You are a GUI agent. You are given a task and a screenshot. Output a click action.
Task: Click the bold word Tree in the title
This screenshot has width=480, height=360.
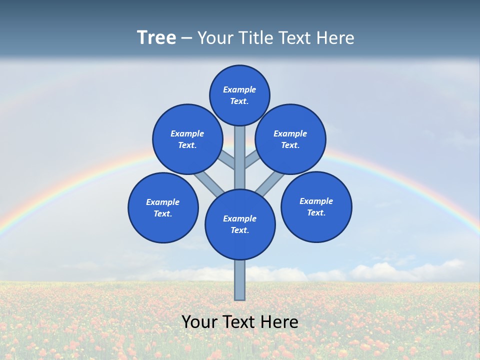pyautogui.click(x=156, y=38)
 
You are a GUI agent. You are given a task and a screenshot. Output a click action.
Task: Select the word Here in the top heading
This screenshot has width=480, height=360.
pyautogui.click(x=336, y=38)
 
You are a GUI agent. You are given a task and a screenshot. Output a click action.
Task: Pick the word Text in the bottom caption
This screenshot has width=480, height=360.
pyautogui.click(x=240, y=321)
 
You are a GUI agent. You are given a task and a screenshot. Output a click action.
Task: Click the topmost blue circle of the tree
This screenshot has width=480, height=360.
pyautogui.click(x=239, y=95)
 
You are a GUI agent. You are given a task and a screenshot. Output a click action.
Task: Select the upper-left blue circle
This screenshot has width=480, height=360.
pyautogui.click(x=187, y=139)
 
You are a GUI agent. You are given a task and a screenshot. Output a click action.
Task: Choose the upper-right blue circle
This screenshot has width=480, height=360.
pyautogui.click(x=290, y=139)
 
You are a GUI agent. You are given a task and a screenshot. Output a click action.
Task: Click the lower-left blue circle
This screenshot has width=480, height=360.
pyautogui.click(x=163, y=207)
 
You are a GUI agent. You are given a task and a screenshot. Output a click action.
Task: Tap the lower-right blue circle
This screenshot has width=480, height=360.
pyautogui.click(x=316, y=206)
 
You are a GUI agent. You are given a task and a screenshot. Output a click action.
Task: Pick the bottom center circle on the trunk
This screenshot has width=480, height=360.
pyautogui.click(x=240, y=224)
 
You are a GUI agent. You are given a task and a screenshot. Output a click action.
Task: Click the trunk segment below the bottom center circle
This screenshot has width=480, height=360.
pyautogui.click(x=240, y=280)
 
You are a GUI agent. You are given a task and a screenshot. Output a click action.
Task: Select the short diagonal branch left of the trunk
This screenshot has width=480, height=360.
pyautogui.click(x=226, y=160)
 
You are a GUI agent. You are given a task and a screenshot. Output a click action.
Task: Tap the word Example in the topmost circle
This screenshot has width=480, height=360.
pyautogui.click(x=239, y=89)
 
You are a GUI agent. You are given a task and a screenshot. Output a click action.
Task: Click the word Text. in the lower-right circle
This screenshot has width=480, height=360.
pyautogui.click(x=316, y=212)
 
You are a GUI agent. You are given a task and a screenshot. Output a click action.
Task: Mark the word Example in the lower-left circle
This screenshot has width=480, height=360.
pyautogui.click(x=163, y=202)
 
